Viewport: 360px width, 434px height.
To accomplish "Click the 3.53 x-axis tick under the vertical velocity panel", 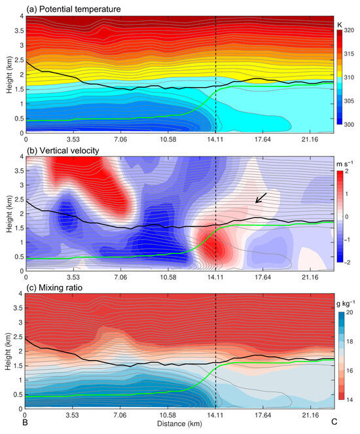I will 72,278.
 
